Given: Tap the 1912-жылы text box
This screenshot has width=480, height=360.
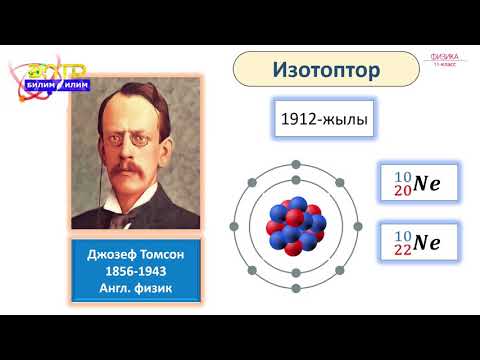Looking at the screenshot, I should coord(324,122).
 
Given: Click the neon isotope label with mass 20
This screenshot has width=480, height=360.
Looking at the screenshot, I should coord(415,184).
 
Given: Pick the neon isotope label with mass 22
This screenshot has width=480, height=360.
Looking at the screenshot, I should coord(415,242).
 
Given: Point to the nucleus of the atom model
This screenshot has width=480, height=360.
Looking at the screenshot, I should coord(295,226).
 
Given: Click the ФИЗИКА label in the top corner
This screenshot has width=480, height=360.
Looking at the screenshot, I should coord(443,57).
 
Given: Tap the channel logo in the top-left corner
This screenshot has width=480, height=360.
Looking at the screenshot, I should coord(50,78).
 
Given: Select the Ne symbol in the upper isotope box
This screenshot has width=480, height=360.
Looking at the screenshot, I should coord(427,184).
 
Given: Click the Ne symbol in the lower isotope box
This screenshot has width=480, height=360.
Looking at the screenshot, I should coord(427,242).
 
